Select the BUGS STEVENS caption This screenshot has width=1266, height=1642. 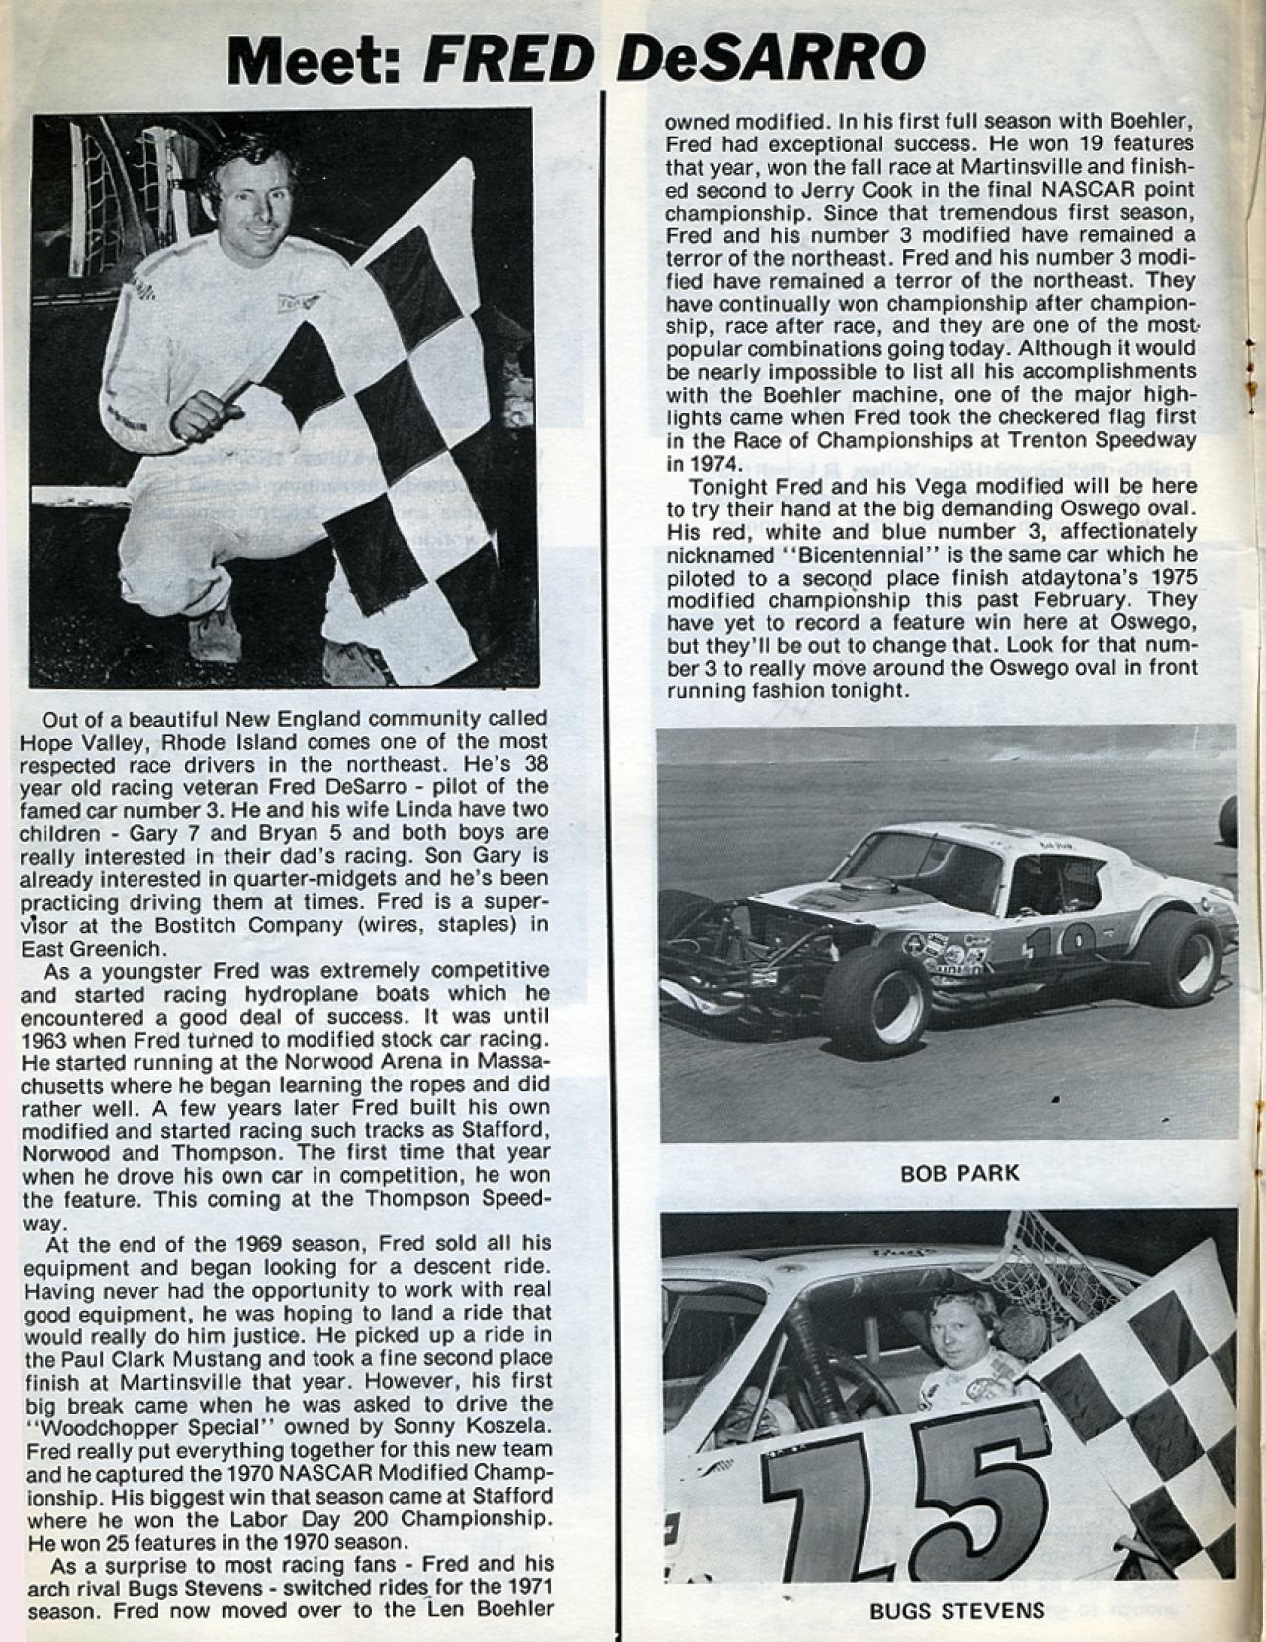[956, 1610]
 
